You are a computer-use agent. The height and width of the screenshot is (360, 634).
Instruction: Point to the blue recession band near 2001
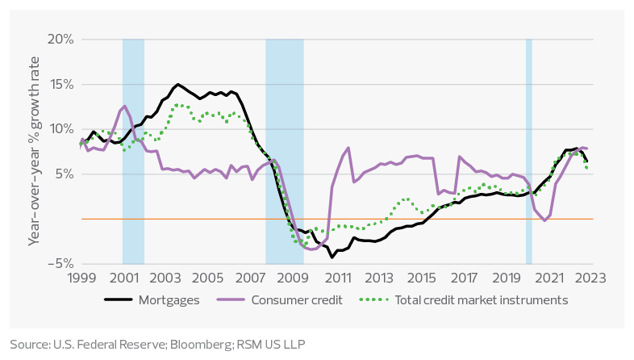[x=133, y=151]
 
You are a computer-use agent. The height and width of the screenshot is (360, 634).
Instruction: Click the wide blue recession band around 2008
[x=285, y=151]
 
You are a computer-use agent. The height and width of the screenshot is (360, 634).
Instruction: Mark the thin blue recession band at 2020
[x=528, y=151]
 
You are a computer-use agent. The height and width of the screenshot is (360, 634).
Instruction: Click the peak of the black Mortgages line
[x=177, y=84]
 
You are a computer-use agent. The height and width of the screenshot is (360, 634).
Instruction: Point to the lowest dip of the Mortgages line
[x=332, y=257]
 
